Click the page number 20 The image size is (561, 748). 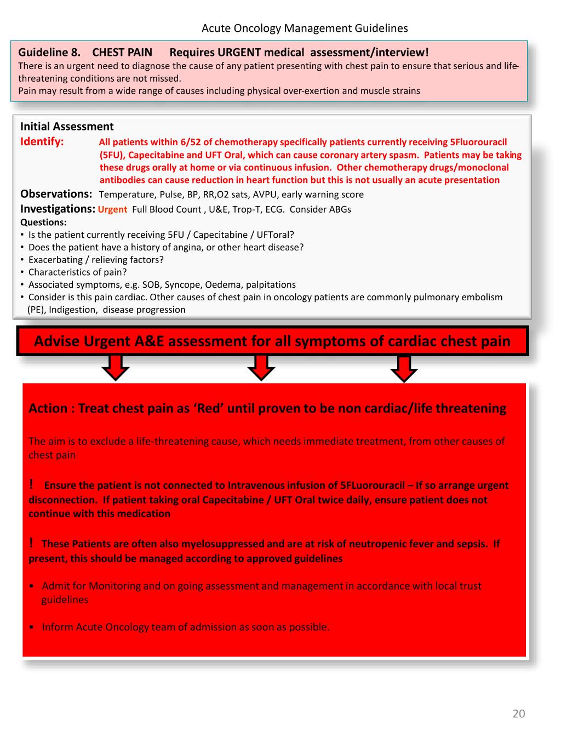pos(518,713)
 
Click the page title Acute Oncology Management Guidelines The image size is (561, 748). pos(305,28)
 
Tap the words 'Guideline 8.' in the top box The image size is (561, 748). pos(49,53)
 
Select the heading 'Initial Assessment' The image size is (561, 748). pos(67,127)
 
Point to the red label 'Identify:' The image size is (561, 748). pos(42,142)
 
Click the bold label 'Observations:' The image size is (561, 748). pos(56,194)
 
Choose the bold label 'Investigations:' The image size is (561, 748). pos(58,209)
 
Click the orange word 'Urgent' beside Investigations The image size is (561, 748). pos(112,209)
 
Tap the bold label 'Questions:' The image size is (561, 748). pos(43,222)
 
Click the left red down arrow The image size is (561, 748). pos(115,367)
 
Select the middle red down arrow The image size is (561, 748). pos(261,367)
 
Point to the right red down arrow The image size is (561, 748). pos(404,368)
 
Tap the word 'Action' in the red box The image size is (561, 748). pos(48,408)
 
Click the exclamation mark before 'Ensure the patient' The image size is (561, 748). pos(32,484)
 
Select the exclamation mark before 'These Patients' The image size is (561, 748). pos(32,543)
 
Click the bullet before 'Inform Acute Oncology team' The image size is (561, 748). pos(33,627)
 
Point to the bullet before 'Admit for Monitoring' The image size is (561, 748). pos(33,586)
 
